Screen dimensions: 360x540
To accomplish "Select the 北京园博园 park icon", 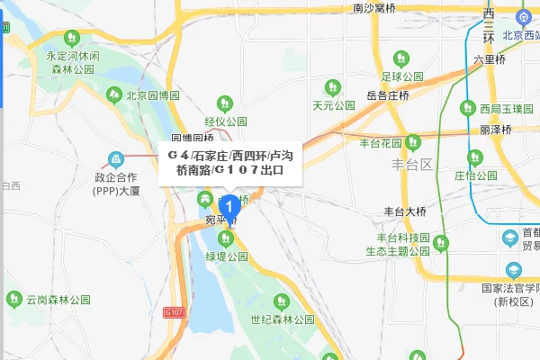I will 114,94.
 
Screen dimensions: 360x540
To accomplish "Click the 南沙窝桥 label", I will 373,9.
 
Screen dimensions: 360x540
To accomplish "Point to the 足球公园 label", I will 402,76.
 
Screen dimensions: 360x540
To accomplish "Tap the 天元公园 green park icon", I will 331,87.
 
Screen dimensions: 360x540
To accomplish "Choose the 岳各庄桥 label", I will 387,95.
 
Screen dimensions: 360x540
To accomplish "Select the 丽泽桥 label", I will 496,130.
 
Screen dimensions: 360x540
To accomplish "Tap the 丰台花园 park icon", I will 412,142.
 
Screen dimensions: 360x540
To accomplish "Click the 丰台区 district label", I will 413,166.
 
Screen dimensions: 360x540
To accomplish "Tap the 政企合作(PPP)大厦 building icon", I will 115,161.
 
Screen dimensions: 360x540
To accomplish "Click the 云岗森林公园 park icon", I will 14,299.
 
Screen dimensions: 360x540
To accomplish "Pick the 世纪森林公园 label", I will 283,319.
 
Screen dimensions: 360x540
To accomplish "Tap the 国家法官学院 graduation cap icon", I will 513,269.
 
